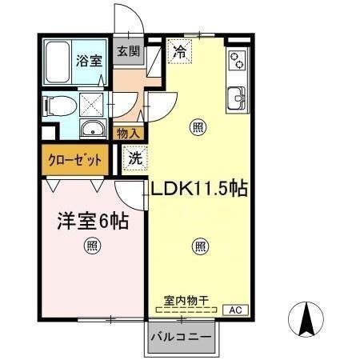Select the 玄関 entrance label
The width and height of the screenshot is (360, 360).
point(127,51)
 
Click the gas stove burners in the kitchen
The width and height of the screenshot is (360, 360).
point(237,61)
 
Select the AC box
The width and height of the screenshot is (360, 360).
point(235,308)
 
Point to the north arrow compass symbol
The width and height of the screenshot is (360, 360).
point(306,322)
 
